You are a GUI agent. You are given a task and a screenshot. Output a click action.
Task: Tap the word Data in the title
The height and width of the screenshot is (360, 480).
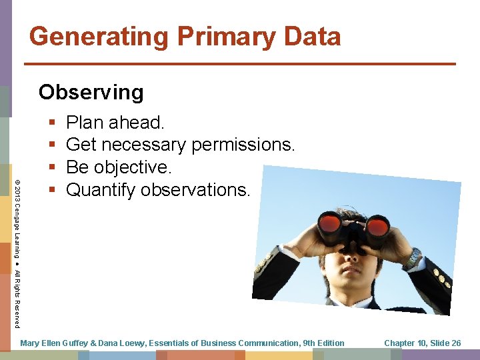click(311, 37)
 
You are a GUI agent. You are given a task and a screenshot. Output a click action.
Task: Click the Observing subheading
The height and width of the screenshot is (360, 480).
click(91, 92)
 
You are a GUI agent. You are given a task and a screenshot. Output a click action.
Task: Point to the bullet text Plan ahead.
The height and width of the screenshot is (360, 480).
click(115, 123)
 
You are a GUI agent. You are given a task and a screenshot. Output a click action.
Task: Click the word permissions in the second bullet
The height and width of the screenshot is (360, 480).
click(243, 145)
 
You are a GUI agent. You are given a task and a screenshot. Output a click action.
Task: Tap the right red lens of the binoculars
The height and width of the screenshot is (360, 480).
click(377, 226)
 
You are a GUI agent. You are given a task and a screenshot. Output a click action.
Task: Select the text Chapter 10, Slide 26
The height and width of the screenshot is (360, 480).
click(423, 343)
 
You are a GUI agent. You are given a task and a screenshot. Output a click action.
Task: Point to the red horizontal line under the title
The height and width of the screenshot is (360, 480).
click(240, 64)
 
